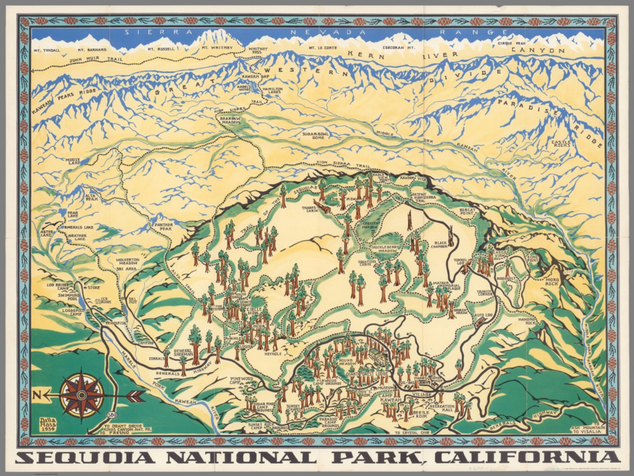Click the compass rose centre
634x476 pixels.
(x=82, y=395)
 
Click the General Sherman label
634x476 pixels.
(x=183, y=351)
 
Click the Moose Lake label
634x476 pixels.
(x=73, y=161)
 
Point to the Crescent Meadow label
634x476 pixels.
(x=371, y=225)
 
